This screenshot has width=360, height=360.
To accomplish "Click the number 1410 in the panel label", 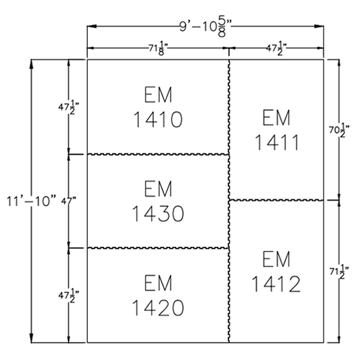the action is pos(158,120).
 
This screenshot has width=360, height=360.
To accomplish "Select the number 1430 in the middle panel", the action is pos(158,213).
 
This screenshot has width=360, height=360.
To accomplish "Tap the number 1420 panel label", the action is pos(158,307).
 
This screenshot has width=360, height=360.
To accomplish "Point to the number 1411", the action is pos(277,143).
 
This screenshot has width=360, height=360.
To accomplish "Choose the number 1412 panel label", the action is pos(276,284).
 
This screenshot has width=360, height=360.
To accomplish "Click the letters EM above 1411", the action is pos(276,117).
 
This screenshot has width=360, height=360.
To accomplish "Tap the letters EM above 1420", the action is pos(158,283).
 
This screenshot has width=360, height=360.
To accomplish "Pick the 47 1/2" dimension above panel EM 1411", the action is pos(276,49).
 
